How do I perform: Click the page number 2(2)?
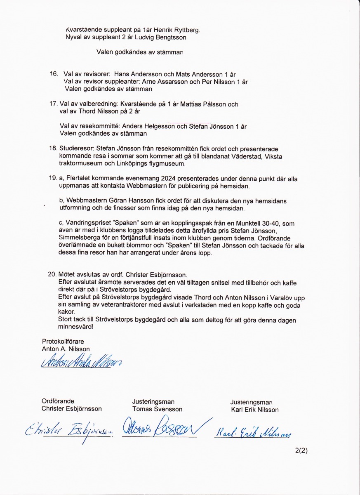pyautogui.click(x=301, y=451)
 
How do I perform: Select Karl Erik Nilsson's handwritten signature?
pyautogui.click(x=253, y=432)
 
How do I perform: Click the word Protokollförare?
pyautogui.click(x=63, y=342)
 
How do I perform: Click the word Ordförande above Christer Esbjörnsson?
pyautogui.click(x=58, y=401)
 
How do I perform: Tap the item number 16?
pyautogui.click(x=54, y=74)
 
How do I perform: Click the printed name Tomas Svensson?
pyautogui.click(x=157, y=409)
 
